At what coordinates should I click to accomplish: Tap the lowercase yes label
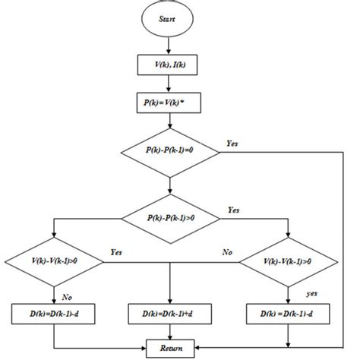coord(311,291)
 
